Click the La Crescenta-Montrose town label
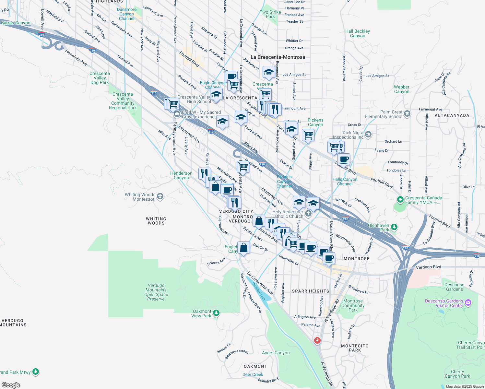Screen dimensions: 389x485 pyautogui.click(x=278, y=57)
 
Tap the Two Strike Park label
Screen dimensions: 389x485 pyautogui.click(x=270, y=14)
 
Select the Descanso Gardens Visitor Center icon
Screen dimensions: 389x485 pyautogui.click(x=468, y=303)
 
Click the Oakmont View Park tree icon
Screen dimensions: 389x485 pyautogui.click(x=216, y=313)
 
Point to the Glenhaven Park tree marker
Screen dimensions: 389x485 pyautogui.click(x=394, y=227)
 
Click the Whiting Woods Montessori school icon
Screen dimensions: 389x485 pyautogui.click(x=160, y=196)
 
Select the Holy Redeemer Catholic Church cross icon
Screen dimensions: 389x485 pyautogui.click(x=308, y=213)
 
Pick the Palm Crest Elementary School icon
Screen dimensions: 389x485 pyautogui.click(x=407, y=114)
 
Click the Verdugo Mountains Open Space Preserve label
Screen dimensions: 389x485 pyautogui.click(x=156, y=292)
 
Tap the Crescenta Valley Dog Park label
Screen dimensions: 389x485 pyautogui.click(x=100, y=78)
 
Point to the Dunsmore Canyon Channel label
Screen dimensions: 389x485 pyautogui.click(x=127, y=14)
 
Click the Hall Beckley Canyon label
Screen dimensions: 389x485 pyautogui.click(x=357, y=33)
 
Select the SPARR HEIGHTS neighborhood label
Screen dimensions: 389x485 pyautogui.click(x=310, y=291)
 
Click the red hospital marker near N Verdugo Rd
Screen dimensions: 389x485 pyautogui.click(x=317, y=340)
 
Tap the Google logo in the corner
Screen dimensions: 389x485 pyautogui.click(x=11, y=385)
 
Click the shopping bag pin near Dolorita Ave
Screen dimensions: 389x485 pyautogui.click(x=243, y=248)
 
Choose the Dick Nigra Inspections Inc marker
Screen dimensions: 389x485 pyautogui.click(x=368, y=134)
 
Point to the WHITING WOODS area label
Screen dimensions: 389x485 pyautogui.click(x=156, y=221)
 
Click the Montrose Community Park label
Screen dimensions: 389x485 pyautogui.click(x=353, y=305)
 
